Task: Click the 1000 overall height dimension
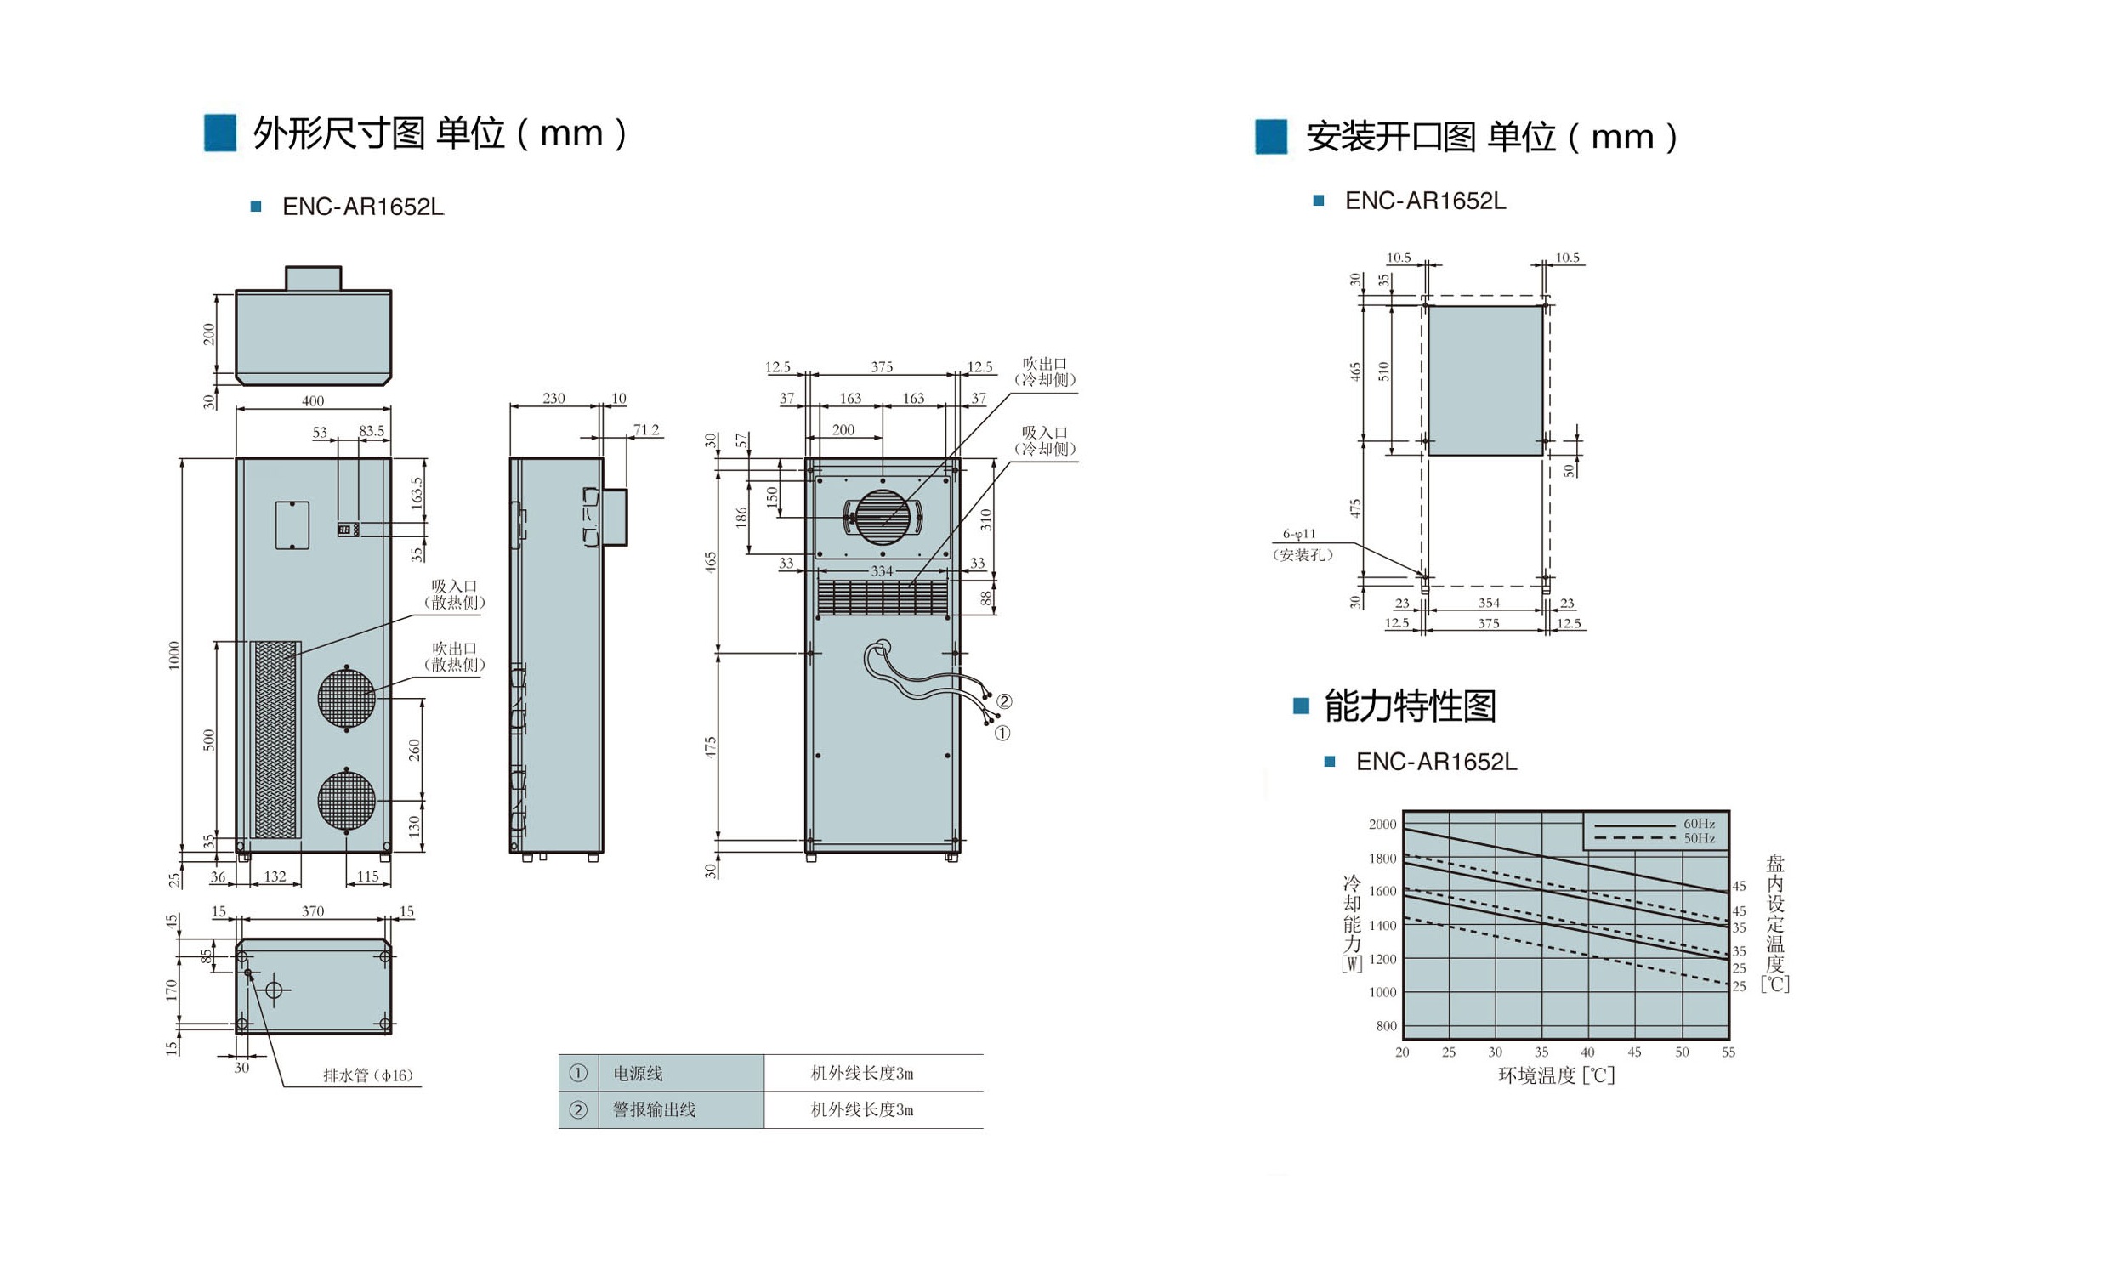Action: coord(174,655)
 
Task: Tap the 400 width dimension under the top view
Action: coord(313,401)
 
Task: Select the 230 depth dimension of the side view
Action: coord(553,398)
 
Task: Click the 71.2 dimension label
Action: coord(646,430)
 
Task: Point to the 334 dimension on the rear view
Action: coord(882,571)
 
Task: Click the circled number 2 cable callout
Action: coord(1004,701)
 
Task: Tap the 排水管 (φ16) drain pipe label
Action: coord(367,1075)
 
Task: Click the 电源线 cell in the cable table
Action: coord(638,1074)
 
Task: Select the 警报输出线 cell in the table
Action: coord(654,1109)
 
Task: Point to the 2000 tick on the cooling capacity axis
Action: coord(1382,825)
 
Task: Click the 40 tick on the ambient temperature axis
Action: coord(1587,1052)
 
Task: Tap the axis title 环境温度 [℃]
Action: coord(1557,1075)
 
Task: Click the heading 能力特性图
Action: coord(1411,706)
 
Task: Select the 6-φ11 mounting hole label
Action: coord(1299,534)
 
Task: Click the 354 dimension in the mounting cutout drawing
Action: coord(1489,603)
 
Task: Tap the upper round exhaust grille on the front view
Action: coord(347,697)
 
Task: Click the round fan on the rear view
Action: coord(883,515)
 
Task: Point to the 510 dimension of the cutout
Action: coord(1384,371)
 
